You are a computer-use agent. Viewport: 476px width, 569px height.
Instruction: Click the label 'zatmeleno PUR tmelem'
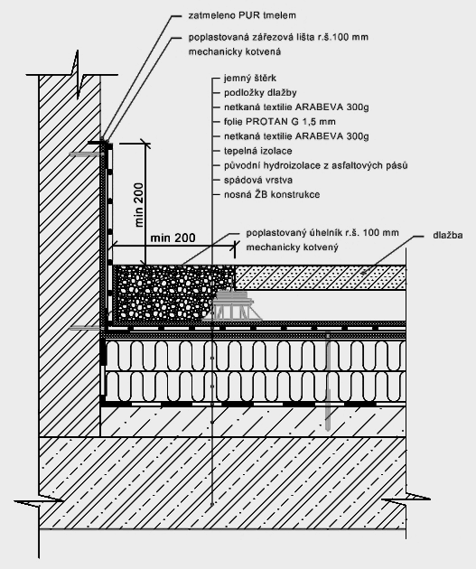tap(242, 15)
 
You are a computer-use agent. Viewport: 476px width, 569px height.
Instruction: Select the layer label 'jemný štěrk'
tap(250, 78)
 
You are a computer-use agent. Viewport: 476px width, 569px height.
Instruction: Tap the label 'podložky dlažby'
tap(260, 92)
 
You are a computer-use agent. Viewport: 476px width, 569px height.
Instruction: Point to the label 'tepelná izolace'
tap(258, 151)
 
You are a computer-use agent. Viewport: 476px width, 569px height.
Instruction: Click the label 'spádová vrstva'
tap(258, 180)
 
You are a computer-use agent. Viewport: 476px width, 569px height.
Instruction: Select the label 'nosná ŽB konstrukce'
tap(272, 194)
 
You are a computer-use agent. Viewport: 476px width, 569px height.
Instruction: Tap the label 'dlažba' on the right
tap(448, 235)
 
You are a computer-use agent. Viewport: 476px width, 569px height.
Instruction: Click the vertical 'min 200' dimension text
tap(139, 205)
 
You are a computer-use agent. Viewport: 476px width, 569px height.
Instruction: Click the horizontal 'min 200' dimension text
tap(173, 238)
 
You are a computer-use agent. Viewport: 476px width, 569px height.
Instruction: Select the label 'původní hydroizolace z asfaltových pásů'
tap(315, 165)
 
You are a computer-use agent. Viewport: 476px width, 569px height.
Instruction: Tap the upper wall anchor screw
tap(85, 154)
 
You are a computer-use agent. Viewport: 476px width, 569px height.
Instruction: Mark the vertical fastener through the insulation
tap(328, 381)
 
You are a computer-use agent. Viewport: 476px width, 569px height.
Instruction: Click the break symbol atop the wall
tap(78, 75)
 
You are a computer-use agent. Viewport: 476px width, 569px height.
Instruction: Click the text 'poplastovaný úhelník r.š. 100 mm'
tap(322, 233)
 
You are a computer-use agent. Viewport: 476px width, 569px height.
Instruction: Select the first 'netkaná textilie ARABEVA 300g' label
tap(296, 107)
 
